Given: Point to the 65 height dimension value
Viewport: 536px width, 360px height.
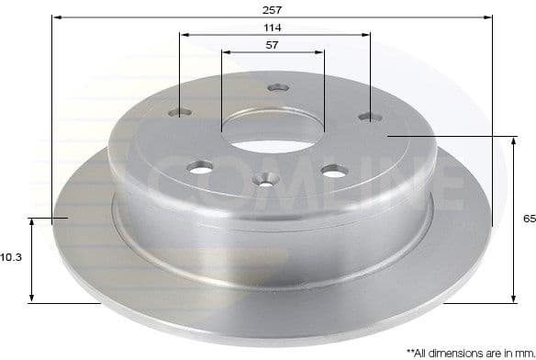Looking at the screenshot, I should (x=527, y=219).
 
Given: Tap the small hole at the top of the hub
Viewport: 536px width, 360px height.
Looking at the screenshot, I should (x=273, y=88).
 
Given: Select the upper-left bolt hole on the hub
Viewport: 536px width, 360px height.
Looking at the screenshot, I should (x=181, y=113).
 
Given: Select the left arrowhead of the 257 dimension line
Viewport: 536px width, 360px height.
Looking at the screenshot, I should (x=57, y=17).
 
